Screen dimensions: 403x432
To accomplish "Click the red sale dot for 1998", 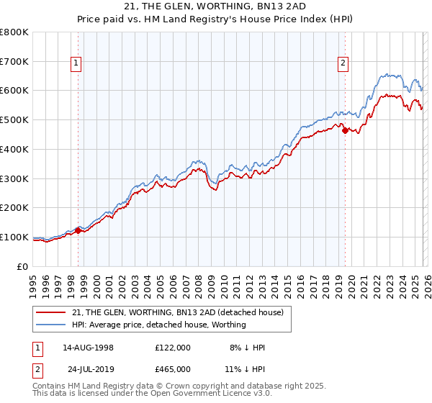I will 78,230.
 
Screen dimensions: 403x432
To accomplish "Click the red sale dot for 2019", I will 345,130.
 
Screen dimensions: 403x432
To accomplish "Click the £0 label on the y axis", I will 23,266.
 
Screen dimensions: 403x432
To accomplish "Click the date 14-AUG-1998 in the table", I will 89,348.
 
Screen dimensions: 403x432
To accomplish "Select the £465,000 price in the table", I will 173,369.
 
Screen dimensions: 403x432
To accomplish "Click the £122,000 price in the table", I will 173,348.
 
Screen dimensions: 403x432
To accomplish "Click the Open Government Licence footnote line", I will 153,394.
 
